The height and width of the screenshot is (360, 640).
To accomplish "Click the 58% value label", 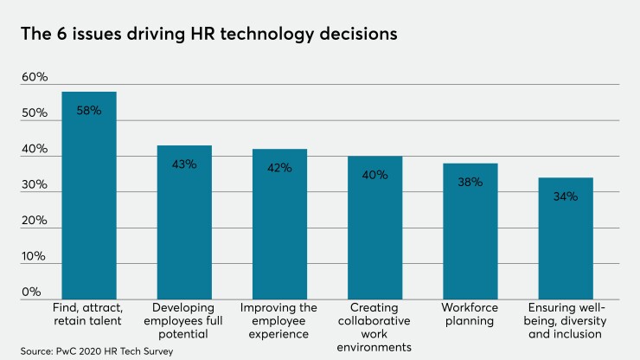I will coord(89,111).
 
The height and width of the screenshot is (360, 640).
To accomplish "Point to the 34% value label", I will coord(565,196).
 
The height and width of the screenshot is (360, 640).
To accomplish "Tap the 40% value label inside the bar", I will coord(374,175).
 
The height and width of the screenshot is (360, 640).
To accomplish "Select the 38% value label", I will coord(470,182).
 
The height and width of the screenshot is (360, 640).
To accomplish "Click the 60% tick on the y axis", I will coord(35,78).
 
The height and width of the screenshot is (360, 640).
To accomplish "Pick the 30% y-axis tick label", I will coord(35,185).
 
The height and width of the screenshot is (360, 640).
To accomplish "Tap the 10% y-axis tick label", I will coord(35,257).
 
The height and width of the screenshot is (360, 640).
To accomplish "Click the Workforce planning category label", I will coord(470,314).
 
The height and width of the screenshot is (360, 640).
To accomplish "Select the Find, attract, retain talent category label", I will coord(89,314).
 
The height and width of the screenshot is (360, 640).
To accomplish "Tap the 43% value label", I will coord(184,164).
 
